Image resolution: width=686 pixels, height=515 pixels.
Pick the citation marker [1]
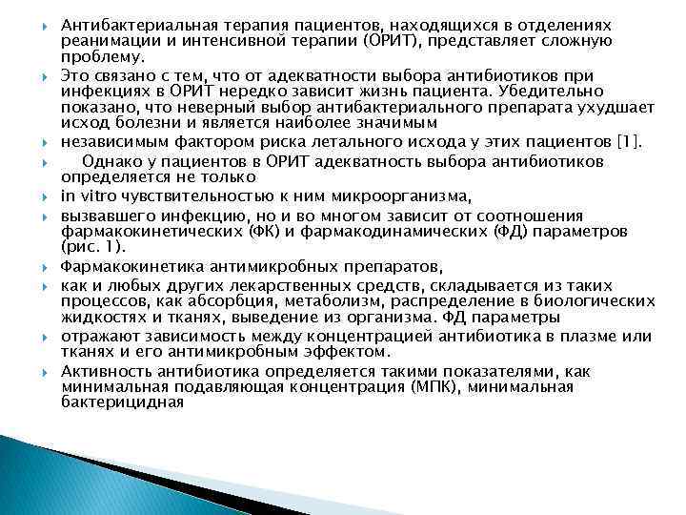[630, 143]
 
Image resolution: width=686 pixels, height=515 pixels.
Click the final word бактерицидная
[122, 402]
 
